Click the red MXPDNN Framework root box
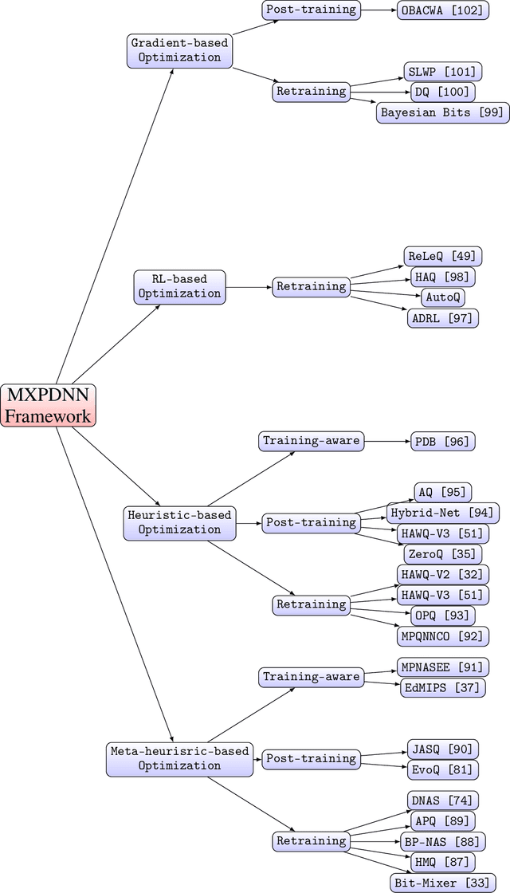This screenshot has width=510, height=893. [x=48, y=405]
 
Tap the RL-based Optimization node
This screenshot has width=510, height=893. [x=178, y=286]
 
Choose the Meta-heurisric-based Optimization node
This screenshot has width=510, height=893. [x=178, y=758]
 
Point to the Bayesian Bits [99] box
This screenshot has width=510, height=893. [x=442, y=112]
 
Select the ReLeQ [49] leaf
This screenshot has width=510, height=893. [x=442, y=257]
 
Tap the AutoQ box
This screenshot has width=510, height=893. [x=442, y=297]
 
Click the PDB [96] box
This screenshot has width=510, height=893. [x=442, y=440]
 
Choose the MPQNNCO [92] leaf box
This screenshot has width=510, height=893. [x=442, y=635]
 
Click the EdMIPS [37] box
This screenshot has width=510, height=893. [x=442, y=686]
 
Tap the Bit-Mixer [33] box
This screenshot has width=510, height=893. [x=437, y=882]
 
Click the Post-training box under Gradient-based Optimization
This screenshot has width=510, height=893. [x=311, y=10]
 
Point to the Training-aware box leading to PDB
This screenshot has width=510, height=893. [x=311, y=440]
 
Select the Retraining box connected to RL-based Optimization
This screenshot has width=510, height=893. [x=311, y=286]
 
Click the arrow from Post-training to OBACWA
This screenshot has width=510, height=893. [x=379, y=10]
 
